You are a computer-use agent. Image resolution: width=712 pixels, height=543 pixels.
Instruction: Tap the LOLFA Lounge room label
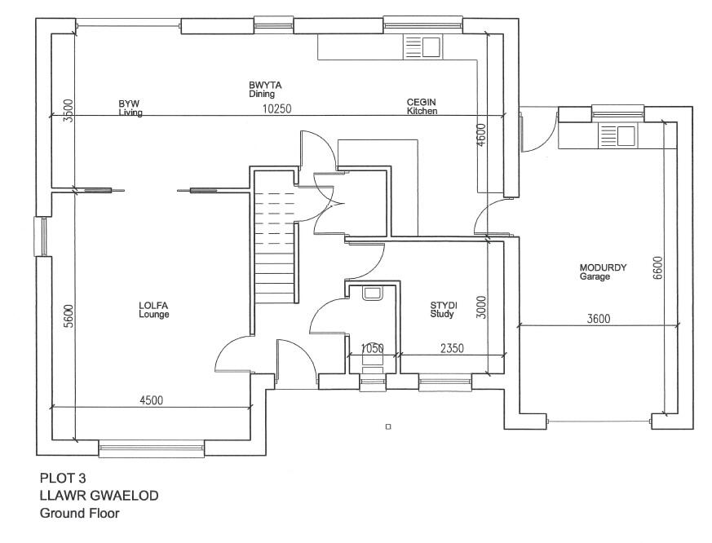click(153, 310)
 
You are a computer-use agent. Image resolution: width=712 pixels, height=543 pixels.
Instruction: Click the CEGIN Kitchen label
click(422, 106)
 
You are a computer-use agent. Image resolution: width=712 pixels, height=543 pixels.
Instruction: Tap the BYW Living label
click(130, 108)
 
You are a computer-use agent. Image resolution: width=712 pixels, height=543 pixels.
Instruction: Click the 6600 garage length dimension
click(658, 268)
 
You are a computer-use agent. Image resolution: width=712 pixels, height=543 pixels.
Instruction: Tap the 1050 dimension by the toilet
click(372, 348)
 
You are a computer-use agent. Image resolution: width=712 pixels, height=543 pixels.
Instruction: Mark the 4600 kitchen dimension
click(481, 135)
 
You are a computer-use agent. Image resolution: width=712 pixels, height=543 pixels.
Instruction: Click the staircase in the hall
click(274, 236)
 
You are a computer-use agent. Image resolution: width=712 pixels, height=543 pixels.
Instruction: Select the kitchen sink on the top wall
click(422, 47)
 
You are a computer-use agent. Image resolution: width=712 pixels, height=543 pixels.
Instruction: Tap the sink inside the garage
click(617, 135)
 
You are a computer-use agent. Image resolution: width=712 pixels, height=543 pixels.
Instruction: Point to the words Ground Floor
click(79, 514)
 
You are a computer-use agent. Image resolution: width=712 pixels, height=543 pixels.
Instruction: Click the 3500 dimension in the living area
click(69, 109)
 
